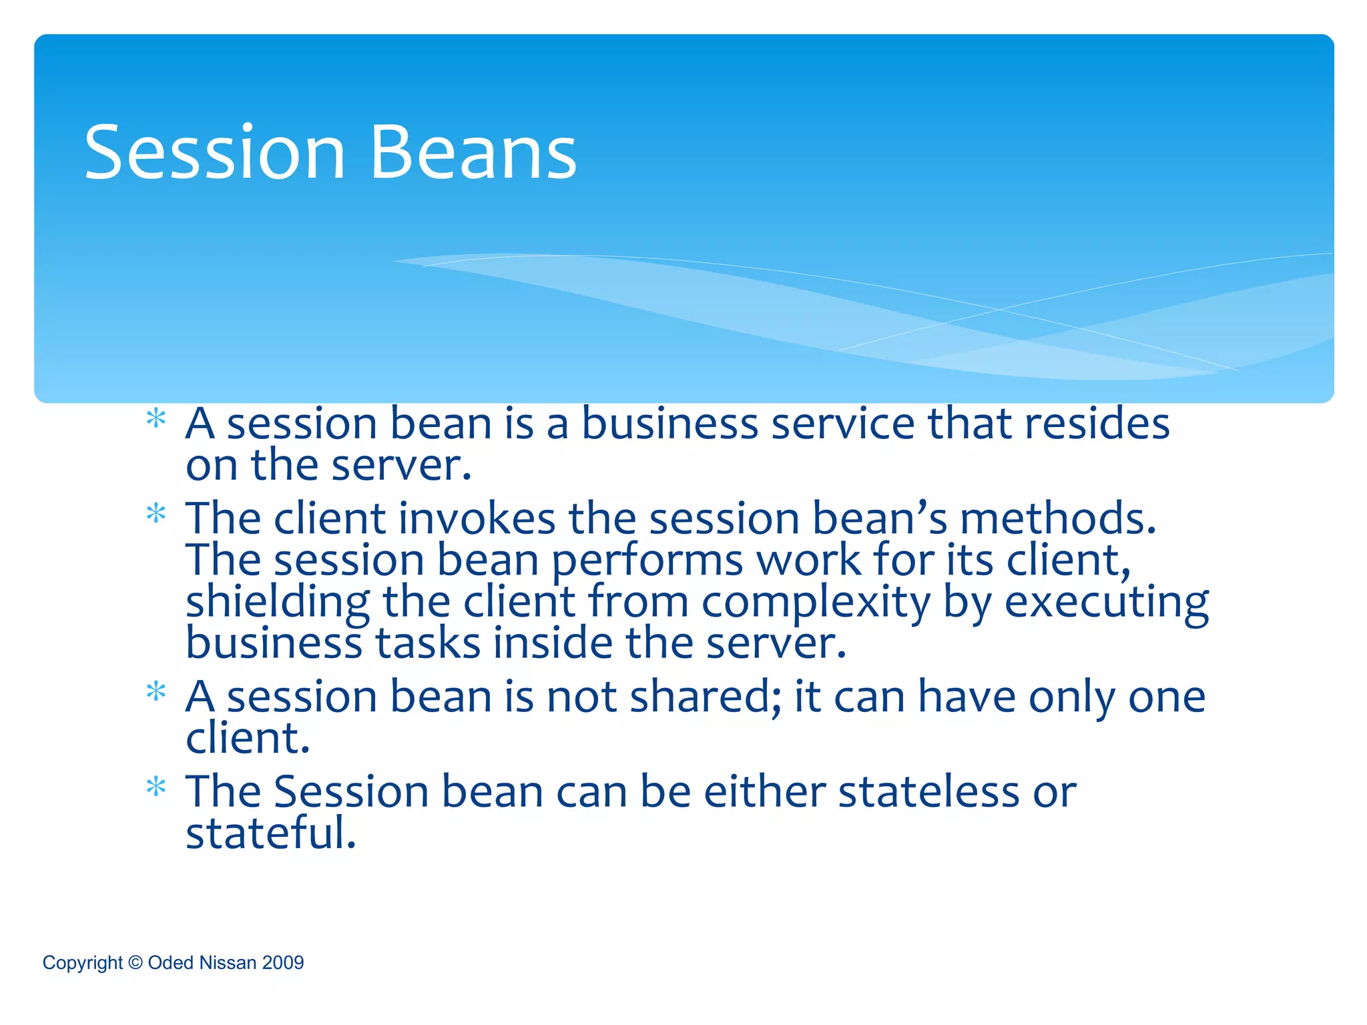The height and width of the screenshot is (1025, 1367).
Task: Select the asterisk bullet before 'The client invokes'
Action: click(x=156, y=515)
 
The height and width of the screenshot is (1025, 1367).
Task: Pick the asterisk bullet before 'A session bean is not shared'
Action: click(x=156, y=692)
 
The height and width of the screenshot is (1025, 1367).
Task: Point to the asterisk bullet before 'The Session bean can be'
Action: click(x=156, y=787)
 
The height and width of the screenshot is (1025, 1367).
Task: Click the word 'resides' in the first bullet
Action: click(x=1097, y=423)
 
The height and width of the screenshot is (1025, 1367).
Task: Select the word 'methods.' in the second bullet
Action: click(x=1057, y=519)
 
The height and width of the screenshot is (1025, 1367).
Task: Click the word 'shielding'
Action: click(x=277, y=603)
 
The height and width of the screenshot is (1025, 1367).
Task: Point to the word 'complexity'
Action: click(x=815, y=603)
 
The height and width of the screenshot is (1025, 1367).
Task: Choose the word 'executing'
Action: click(x=1106, y=603)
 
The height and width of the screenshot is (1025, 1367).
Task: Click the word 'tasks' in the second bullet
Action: click(x=427, y=643)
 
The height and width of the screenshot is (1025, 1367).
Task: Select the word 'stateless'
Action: click(x=928, y=791)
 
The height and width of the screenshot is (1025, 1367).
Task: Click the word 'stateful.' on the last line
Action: click(x=271, y=833)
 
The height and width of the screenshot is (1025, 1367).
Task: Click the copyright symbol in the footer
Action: click(x=135, y=962)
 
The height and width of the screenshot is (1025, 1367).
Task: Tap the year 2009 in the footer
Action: click(x=283, y=962)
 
